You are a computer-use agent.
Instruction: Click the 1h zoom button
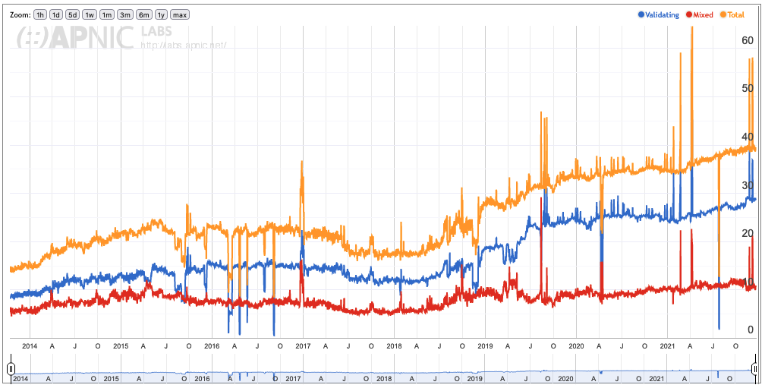[x=40, y=14]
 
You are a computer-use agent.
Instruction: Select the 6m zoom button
[x=144, y=14]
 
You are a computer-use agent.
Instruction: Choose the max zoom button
[x=180, y=14]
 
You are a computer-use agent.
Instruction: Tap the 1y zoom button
[x=161, y=14]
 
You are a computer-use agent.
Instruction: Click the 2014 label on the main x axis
[x=30, y=346]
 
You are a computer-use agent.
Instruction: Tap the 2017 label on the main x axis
[x=303, y=346]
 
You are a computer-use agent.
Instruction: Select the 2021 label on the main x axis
[x=667, y=346]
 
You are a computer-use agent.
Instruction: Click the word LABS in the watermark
[x=156, y=31]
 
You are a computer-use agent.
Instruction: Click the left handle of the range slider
[x=11, y=369]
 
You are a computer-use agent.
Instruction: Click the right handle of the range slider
[x=756, y=369]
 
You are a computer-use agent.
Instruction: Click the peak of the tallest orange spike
[x=692, y=27]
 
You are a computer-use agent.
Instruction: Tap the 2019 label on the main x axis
[x=485, y=346]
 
